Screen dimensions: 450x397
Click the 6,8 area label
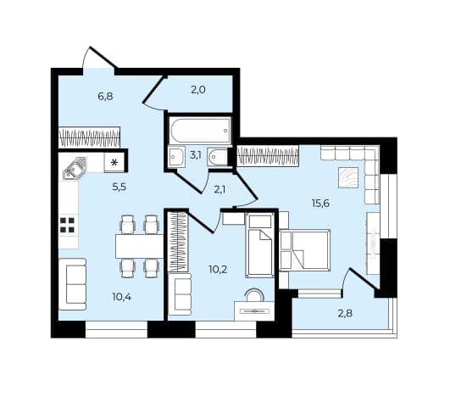[105, 97]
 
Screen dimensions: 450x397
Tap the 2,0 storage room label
[198, 90]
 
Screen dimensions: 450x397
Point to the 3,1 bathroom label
[196, 155]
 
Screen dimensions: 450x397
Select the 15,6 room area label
[320, 204]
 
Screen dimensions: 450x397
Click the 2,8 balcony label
[345, 313]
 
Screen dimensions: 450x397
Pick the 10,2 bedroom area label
[218, 270]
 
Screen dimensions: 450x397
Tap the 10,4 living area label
[122, 297]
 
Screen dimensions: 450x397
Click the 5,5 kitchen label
[119, 187]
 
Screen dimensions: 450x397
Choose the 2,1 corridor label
[219, 190]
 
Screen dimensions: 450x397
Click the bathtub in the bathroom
[200, 131]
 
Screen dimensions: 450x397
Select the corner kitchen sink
[74, 169]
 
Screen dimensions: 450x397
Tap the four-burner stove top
[68, 225]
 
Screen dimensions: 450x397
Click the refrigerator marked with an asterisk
[114, 163]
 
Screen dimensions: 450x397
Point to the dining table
[139, 246]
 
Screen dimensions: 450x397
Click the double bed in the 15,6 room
[304, 250]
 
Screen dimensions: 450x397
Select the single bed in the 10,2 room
[259, 245]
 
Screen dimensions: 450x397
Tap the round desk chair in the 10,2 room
[253, 295]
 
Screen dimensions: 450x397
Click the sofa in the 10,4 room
[73, 284]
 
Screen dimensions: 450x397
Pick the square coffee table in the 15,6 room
[348, 177]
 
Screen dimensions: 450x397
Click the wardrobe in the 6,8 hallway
[89, 137]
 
